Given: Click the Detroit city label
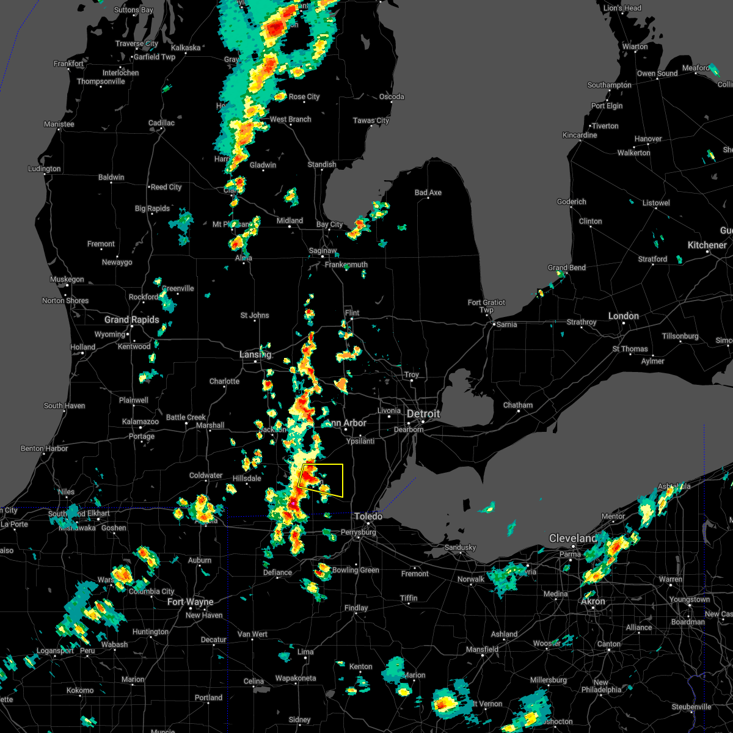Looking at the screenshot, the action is [423, 414].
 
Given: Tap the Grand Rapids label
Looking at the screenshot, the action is [131, 320].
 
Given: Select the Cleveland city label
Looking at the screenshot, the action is [573, 538].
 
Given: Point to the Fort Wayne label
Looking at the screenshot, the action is [191, 602].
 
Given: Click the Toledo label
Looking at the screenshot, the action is [368, 517].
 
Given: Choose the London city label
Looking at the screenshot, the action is [623, 316].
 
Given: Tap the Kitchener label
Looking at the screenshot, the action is [707, 246].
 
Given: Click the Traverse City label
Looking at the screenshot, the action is [137, 44].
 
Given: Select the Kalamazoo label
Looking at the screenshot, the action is [140, 422].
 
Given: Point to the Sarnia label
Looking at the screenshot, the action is [506, 325].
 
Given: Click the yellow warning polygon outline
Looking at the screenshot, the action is [343, 480].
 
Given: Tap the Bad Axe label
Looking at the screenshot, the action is [428, 193].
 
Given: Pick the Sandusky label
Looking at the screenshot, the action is [460, 548].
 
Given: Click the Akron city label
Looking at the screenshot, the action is [593, 602].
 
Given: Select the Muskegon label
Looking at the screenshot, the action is [67, 280].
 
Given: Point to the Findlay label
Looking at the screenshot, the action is [356, 608].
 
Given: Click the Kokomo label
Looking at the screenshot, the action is [80, 691].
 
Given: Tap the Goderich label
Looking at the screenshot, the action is [572, 202].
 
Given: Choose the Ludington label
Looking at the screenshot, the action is [45, 169].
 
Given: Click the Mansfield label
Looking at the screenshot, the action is [483, 649].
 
